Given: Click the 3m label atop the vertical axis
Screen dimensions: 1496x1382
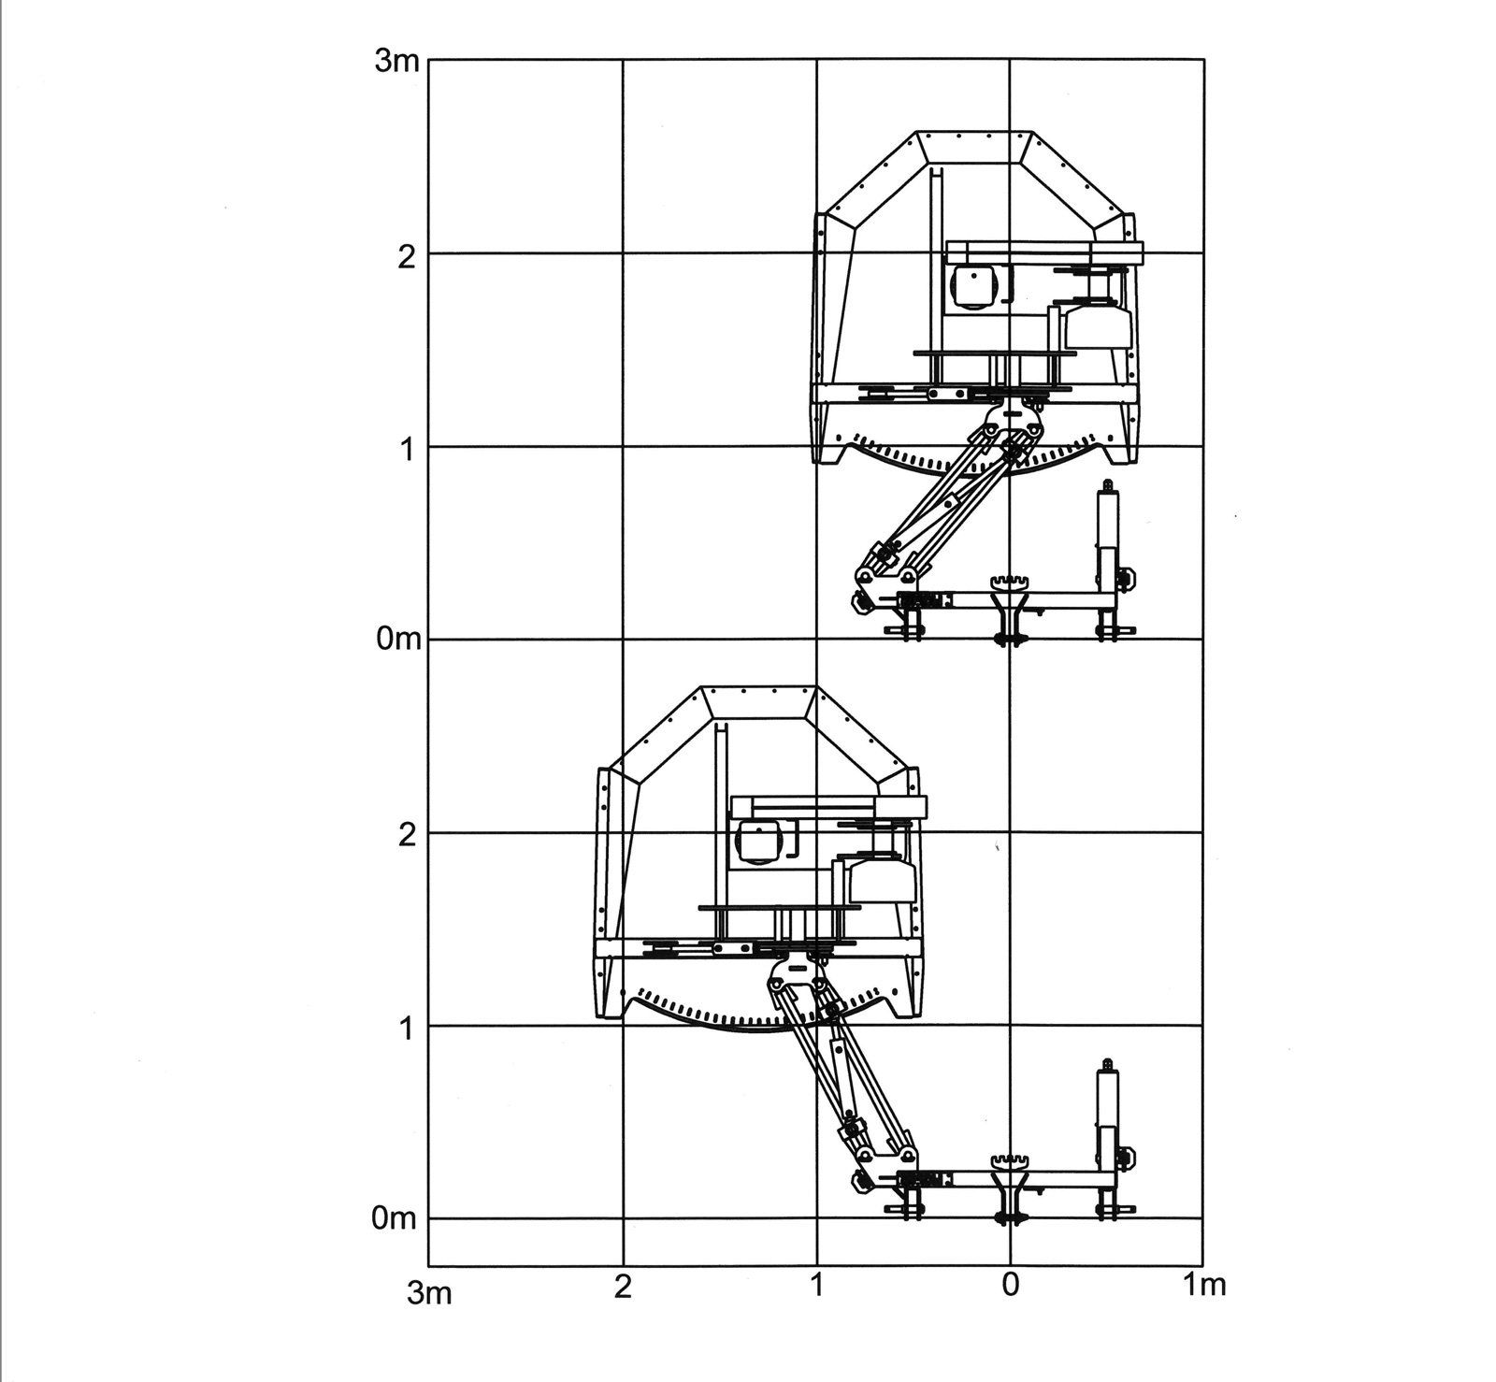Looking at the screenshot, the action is pyautogui.click(x=394, y=64).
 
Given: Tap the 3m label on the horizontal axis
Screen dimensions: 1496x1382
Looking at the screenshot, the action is pyautogui.click(x=430, y=1294).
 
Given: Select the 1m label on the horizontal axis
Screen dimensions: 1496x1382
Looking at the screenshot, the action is pyautogui.click(x=1203, y=1286).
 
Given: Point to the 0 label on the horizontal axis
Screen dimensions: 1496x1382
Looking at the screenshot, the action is pyautogui.click(x=1010, y=1286).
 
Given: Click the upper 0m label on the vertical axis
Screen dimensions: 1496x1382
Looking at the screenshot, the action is pyautogui.click(x=394, y=641).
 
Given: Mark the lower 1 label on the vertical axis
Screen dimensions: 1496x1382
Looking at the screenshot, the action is pyautogui.click(x=406, y=1028).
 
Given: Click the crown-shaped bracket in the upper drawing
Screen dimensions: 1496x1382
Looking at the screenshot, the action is pyautogui.click(x=1011, y=584).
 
